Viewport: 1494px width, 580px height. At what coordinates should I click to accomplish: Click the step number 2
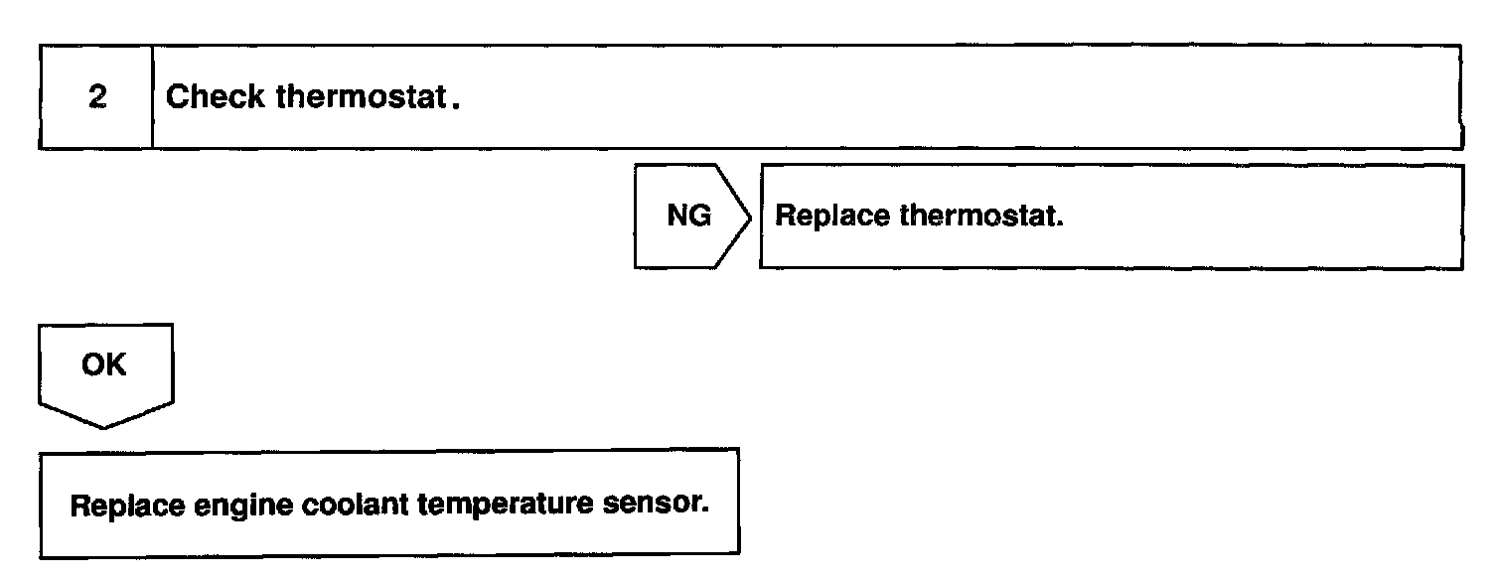pos(96,98)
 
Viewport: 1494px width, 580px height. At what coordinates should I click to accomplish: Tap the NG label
pos(689,217)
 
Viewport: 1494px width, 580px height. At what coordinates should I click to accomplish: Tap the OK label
pos(104,364)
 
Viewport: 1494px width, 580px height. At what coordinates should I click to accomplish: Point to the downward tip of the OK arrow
pos(104,428)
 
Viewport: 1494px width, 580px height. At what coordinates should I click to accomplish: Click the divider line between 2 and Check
pos(152,97)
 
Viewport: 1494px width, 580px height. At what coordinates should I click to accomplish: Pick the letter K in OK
pos(116,364)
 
